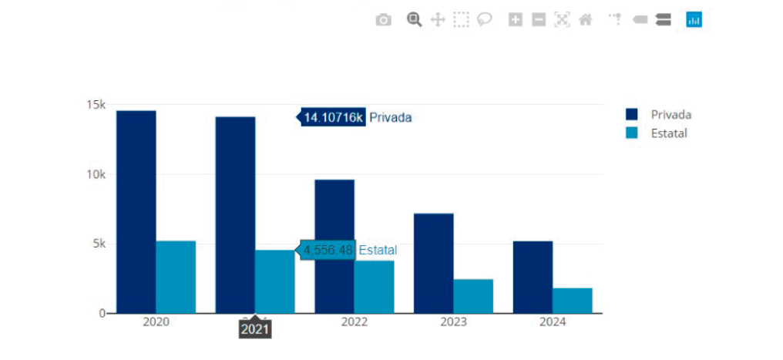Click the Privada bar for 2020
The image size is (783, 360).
click(x=136, y=212)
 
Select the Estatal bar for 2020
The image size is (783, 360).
click(x=176, y=277)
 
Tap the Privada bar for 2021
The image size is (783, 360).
click(x=235, y=215)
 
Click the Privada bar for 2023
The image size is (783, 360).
click(x=434, y=263)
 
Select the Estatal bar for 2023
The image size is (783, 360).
click(x=473, y=296)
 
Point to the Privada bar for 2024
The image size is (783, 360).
click(x=533, y=277)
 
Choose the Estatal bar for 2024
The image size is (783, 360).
click(x=572, y=301)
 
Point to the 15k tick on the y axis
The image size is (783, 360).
click(x=96, y=105)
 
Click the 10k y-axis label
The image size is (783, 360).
click(x=96, y=174)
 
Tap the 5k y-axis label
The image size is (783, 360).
click(x=99, y=244)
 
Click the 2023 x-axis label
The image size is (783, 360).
click(x=453, y=322)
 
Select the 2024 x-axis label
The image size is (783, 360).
click(x=552, y=322)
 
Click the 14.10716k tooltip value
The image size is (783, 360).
click(x=333, y=117)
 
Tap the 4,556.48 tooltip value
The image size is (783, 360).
click(x=328, y=250)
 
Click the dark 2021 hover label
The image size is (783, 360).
click(x=255, y=329)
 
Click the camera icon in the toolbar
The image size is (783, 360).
click(x=383, y=20)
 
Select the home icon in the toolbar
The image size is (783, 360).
click(x=585, y=20)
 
